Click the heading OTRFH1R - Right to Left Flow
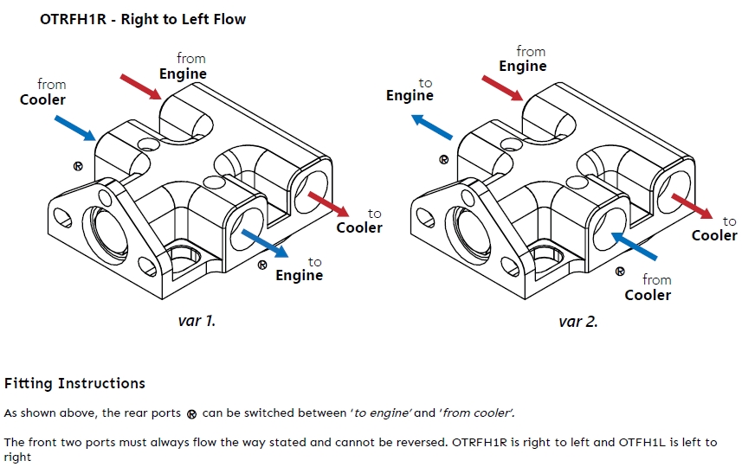click(x=143, y=19)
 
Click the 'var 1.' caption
click(x=197, y=321)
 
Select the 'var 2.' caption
click(x=578, y=322)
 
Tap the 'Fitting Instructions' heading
click(x=74, y=383)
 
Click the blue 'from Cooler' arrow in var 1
click(x=74, y=126)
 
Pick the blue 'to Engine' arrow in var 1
click(x=264, y=242)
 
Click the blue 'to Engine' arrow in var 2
click(x=434, y=127)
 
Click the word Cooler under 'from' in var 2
click(x=648, y=295)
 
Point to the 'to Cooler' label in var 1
click(x=359, y=221)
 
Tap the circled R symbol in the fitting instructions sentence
click(x=192, y=414)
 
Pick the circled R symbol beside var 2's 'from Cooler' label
click(x=620, y=271)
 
